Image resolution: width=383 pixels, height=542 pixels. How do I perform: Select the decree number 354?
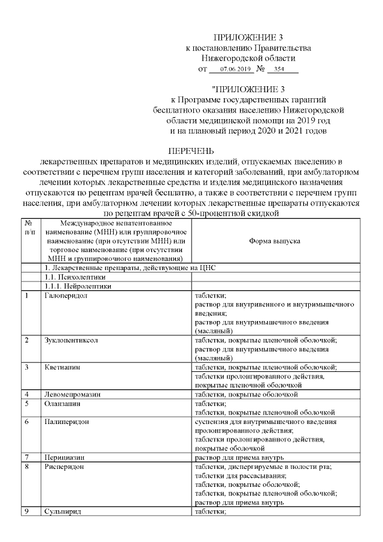279,70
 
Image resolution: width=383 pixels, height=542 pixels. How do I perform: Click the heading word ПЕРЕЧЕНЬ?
191,150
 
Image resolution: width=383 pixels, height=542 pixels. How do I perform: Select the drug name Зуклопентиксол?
71,340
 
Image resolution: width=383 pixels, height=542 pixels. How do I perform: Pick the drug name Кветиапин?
62,367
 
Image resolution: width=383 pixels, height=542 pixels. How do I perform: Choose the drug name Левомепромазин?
72,394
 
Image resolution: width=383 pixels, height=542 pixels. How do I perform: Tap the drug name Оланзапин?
63,403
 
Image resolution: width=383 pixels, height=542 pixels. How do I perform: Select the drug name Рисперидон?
65,466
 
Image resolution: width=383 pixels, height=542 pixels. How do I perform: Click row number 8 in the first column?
27,466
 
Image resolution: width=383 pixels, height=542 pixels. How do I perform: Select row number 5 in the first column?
27,403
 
